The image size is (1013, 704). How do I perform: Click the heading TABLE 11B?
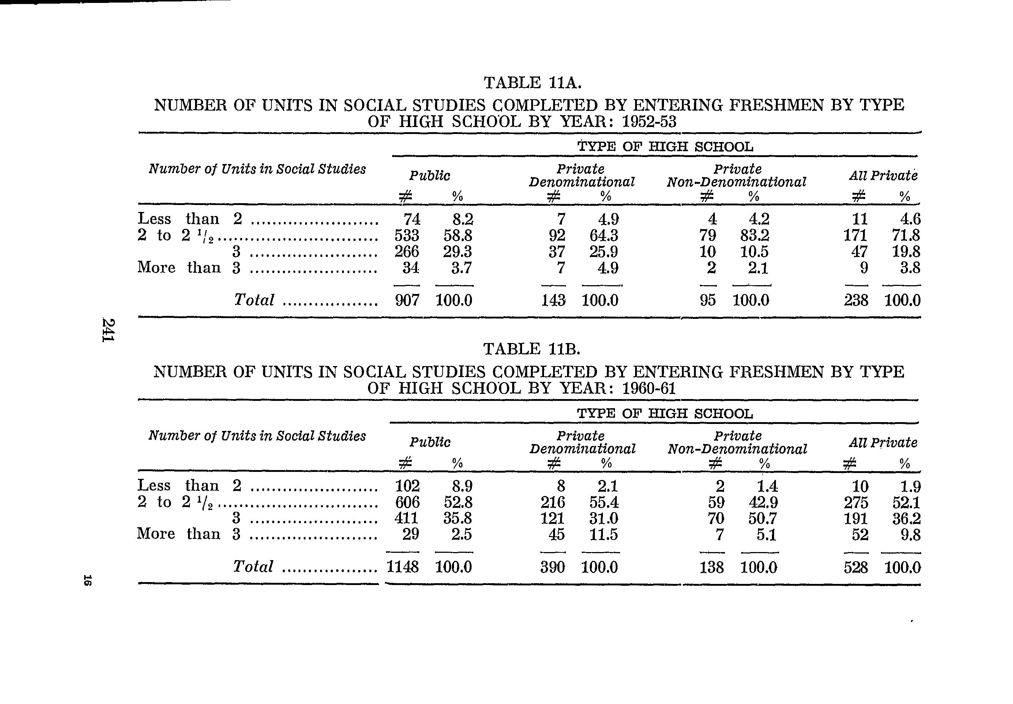point(532,349)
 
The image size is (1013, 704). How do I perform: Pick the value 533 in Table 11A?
point(406,235)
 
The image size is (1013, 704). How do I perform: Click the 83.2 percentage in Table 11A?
point(755,235)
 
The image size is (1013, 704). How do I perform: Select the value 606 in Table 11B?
point(406,502)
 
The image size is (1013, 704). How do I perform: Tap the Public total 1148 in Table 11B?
point(402,567)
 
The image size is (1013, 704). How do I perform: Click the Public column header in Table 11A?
point(430,176)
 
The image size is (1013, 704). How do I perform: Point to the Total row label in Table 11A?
point(254,300)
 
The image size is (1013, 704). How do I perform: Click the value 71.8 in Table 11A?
point(906,235)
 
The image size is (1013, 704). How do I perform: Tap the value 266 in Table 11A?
point(406,252)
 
